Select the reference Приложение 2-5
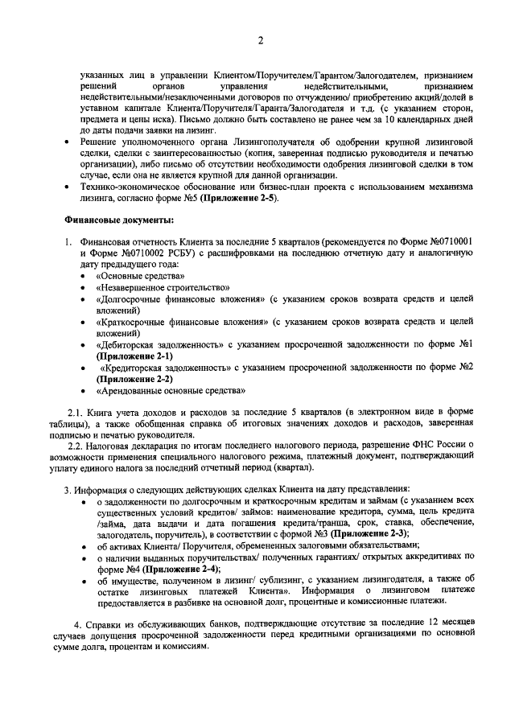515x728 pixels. [239, 198]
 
